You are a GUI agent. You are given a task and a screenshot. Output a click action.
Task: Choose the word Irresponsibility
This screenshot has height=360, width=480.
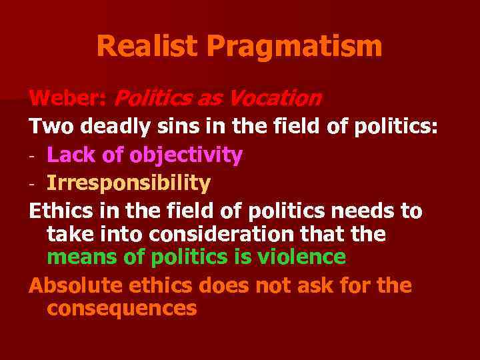(x=129, y=182)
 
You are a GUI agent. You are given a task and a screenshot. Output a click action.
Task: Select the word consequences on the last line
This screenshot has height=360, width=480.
(x=122, y=309)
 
